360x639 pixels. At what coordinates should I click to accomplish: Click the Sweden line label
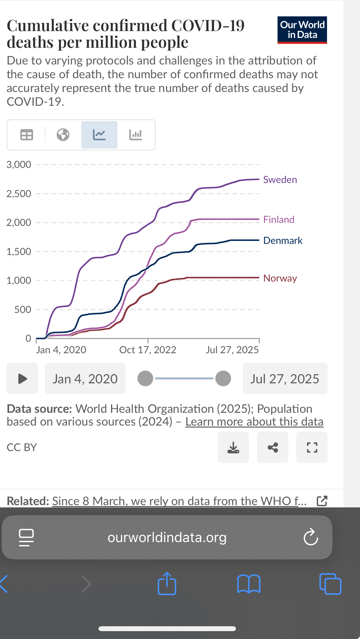(280, 180)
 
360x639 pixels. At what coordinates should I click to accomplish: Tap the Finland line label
(279, 219)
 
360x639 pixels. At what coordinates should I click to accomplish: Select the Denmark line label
(283, 241)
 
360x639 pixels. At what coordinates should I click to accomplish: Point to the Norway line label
(280, 278)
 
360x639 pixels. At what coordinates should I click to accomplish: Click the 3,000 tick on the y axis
(19, 164)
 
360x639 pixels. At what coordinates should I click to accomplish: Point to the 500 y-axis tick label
(23, 309)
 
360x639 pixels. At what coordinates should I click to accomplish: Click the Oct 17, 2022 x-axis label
(148, 350)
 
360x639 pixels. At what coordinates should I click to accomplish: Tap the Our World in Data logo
(302, 30)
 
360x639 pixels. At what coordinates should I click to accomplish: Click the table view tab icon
(27, 135)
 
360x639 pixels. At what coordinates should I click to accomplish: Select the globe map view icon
(63, 135)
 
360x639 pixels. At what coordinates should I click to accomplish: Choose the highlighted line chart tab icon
(99, 135)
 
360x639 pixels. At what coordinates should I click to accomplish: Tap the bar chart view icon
(135, 135)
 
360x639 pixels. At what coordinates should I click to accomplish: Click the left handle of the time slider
(145, 378)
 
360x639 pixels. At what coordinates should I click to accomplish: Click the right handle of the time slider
(223, 378)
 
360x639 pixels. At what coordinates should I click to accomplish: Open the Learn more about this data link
(254, 422)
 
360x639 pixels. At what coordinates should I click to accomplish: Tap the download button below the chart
(233, 447)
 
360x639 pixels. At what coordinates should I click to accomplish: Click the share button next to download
(273, 447)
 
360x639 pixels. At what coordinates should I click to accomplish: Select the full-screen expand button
(312, 447)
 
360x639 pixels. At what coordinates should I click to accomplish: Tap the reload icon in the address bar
(311, 537)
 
